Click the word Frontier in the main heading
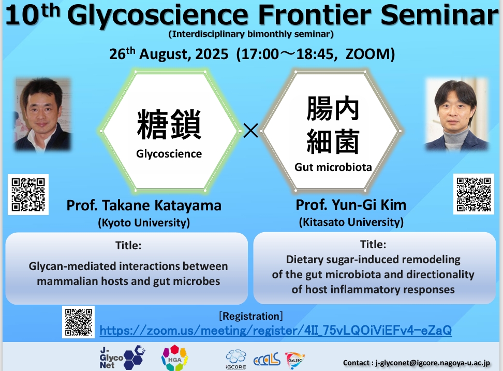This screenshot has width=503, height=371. pyautogui.click(x=315, y=15)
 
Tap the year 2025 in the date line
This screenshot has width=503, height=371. pyautogui.click(x=212, y=54)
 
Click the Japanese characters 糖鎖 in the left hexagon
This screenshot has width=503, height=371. pyautogui.click(x=169, y=124)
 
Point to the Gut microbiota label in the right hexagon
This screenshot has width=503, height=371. pyautogui.click(x=333, y=167)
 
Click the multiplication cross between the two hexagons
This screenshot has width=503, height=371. pyautogui.click(x=250, y=131)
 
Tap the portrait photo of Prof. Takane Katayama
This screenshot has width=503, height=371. pyautogui.click(x=42, y=114)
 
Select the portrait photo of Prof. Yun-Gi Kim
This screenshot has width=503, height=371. pyautogui.click(x=457, y=114)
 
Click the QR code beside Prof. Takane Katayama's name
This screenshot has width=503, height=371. pyautogui.click(x=28, y=195)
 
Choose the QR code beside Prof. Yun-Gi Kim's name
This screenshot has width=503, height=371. pyautogui.click(x=474, y=194)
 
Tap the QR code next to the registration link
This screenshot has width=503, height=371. pyautogui.click(x=78, y=322)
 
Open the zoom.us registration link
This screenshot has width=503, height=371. pyautogui.click(x=275, y=330)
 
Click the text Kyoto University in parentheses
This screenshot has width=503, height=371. pyautogui.click(x=144, y=223)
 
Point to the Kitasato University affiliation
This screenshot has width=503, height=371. pyautogui.click(x=351, y=222)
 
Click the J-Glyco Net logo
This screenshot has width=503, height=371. pyautogui.click(x=122, y=357)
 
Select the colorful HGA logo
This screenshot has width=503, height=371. pyautogui.click(x=175, y=358)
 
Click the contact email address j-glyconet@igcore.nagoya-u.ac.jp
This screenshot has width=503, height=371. pyautogui.click(x=433, y=363)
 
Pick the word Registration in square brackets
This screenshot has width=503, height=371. pyautogui.click(x=251, y=316)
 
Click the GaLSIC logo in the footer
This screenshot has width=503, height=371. pyautogui.click(x=294, y=360)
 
